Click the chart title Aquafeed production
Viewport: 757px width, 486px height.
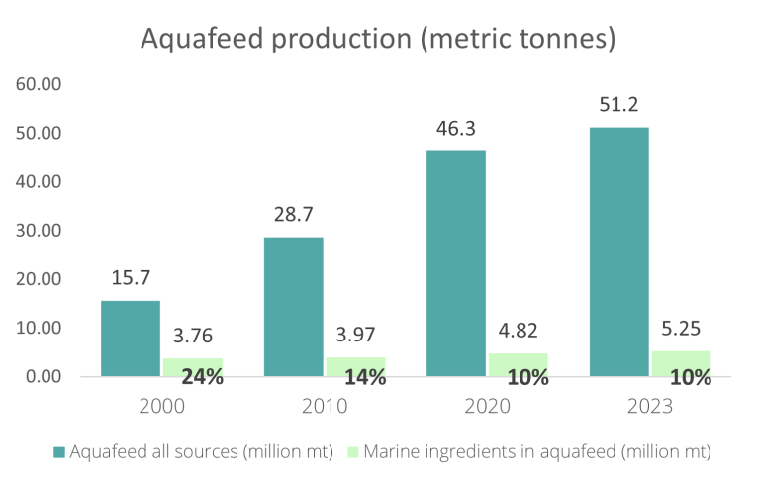point(379,39)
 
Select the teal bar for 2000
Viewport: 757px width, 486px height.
point(131,339)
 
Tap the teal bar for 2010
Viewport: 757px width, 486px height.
point(294,307)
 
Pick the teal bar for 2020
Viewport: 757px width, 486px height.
point(456,263)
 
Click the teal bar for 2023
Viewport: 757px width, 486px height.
point(619,251)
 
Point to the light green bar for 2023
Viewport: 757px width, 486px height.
point(681,363)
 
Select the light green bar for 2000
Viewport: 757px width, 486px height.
point(192,366)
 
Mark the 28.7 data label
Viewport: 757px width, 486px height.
point(294,217)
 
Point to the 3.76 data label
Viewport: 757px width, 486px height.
point(192,337)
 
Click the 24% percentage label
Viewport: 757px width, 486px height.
point(202,377)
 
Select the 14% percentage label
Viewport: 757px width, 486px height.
point(364,377)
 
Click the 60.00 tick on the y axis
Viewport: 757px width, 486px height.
point(41,84)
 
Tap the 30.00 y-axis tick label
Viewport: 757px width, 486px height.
point(41,231)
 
